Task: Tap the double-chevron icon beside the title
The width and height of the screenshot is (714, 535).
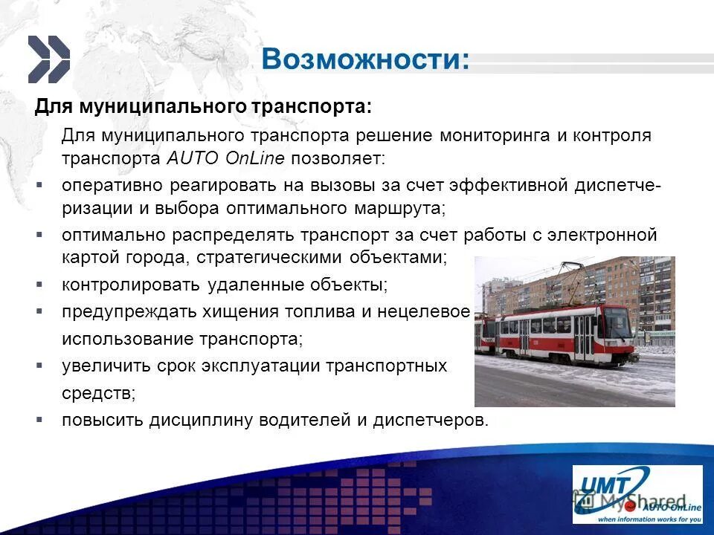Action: (49, 59)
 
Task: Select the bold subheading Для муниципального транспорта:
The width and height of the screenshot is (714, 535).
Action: (202, 106)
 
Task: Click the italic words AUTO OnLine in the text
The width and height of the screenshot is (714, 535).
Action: (227, 158)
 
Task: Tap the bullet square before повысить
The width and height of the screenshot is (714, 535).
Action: (39, 419)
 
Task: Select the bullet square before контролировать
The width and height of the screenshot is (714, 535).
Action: (39, 284)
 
